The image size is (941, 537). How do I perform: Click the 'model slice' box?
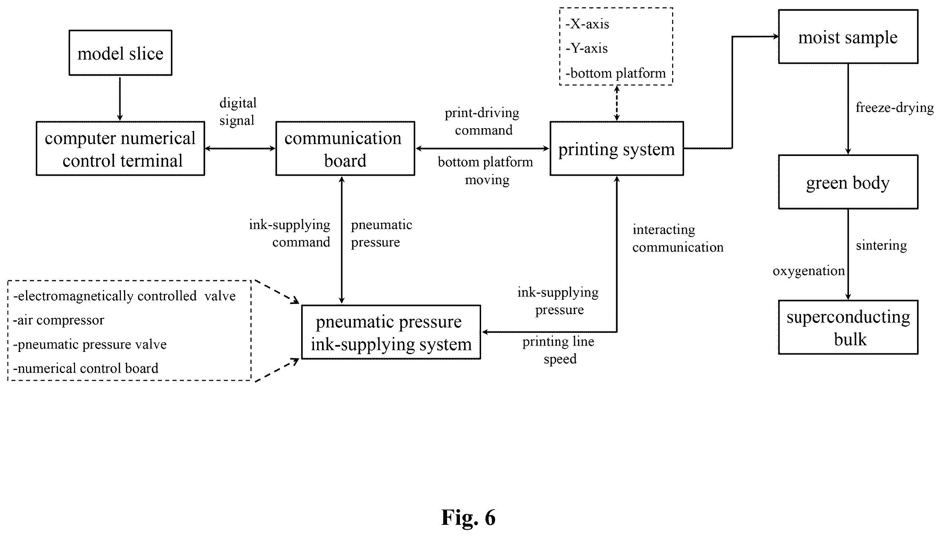coord(120,53)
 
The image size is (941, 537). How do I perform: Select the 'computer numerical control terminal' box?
coord(120,148)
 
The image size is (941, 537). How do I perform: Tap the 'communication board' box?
coord(345,148)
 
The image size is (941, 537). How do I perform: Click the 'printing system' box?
coord(617,148)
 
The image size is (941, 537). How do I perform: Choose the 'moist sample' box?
coord(848,36)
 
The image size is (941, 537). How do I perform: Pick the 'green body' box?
coord(848,182)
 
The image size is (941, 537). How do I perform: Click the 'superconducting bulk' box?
coord(848,327)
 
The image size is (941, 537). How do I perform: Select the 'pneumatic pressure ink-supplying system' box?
coord(391,332)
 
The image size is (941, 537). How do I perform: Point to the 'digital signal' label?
coord(238,111)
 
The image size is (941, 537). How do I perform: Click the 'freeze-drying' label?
coord(894,107)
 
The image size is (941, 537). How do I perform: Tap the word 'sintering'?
coord(881,245)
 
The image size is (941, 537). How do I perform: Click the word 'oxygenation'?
coord(809,271)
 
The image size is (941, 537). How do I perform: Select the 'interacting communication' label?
coord(678,238)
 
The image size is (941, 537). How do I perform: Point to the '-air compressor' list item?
coord(59,320)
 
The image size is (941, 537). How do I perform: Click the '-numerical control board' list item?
coord(85,368)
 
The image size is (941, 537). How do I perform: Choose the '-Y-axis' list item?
coord(587,48)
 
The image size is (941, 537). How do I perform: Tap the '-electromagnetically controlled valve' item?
coord(124,296)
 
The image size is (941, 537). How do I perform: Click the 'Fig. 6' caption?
coord(468,517)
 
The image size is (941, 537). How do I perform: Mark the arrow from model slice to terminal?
coord(120,99)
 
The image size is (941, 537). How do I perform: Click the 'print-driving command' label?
coord(482,121)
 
